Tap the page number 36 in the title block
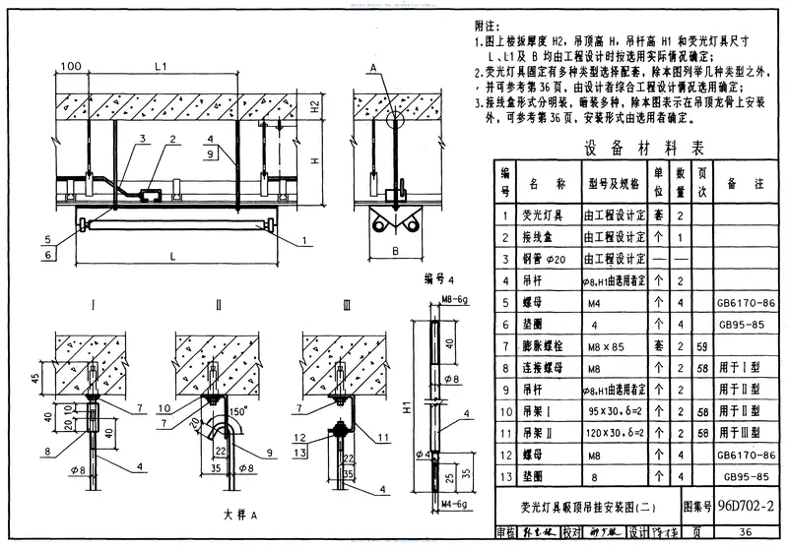(x=746, y=533)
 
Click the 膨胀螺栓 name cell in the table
(x=548, y=346)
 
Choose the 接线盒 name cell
(x=548, y=237)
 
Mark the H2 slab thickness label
(x=340, y=107)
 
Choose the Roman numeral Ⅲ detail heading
(x=346, y=306)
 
